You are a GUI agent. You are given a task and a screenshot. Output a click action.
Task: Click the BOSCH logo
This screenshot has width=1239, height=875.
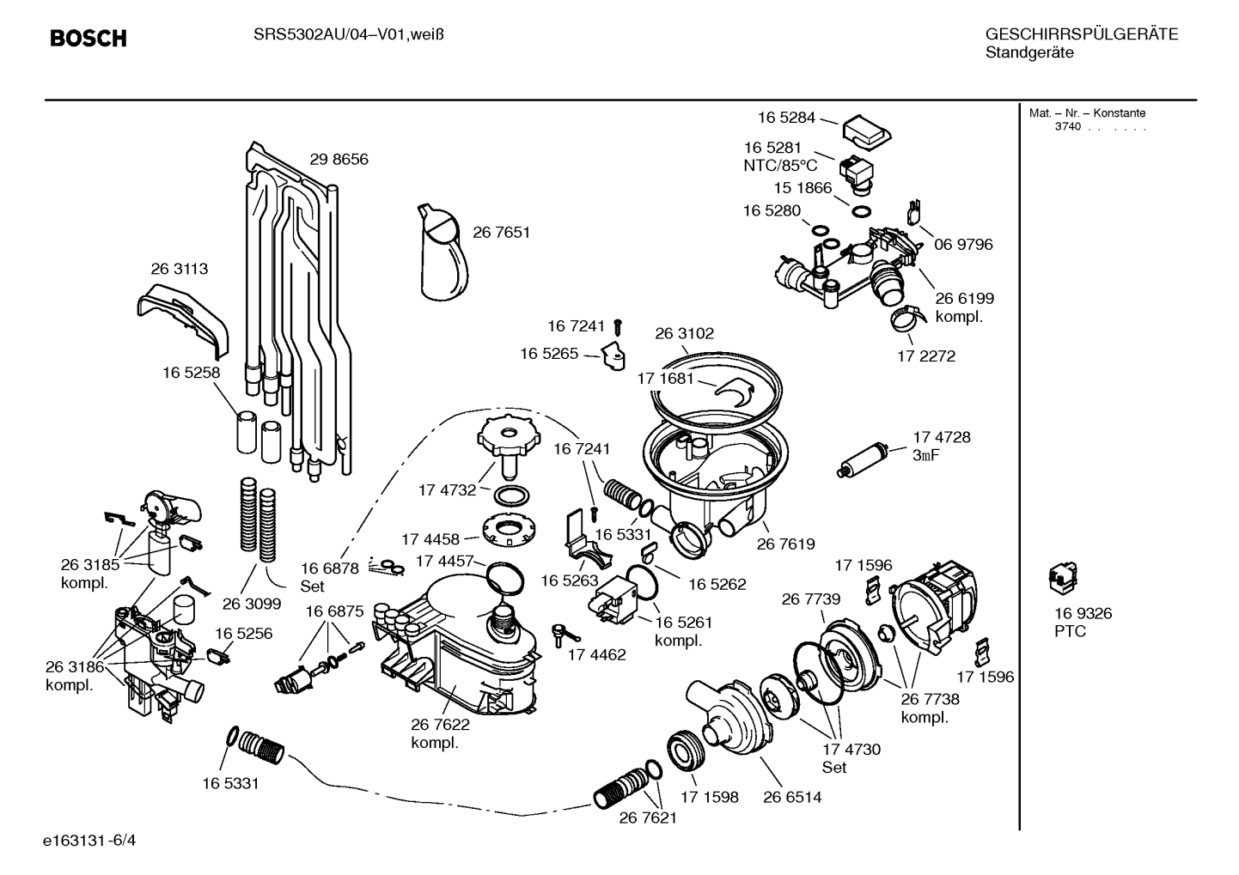tap(88, 38)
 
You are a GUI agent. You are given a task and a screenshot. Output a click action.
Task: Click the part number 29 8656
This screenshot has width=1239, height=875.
tap(339, 159)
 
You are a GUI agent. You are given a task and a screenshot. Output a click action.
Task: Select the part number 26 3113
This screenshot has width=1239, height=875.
tap(180, 269)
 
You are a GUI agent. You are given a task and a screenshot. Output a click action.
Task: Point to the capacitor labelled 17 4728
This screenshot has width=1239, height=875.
tap(863, 460)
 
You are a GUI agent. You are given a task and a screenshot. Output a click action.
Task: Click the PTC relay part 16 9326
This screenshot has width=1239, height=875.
tap(1063, 578)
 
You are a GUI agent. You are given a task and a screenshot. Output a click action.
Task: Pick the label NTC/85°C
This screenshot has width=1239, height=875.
tap(780, 165)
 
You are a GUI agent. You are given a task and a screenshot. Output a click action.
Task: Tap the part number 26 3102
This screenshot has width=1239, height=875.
tap(684, 333)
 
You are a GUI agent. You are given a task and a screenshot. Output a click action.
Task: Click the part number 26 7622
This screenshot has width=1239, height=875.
tap(440, 724)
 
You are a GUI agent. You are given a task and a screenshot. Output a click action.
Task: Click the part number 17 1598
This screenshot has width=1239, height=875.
tap(709, 797)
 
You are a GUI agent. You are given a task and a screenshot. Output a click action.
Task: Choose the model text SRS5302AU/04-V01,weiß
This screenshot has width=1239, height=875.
tap(349, 35)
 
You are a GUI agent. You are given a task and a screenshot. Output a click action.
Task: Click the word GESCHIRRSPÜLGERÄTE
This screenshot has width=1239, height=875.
tap(1082, 34)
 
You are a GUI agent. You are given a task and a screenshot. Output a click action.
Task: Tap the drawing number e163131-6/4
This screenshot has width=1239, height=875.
tap(89, 841)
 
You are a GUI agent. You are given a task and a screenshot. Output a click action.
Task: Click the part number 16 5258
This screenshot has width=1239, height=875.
tap(191, 373)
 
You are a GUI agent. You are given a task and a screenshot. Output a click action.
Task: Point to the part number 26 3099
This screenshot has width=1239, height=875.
tap(252, 605)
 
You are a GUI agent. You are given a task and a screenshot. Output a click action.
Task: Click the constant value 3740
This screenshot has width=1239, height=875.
tap(1067, 126)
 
